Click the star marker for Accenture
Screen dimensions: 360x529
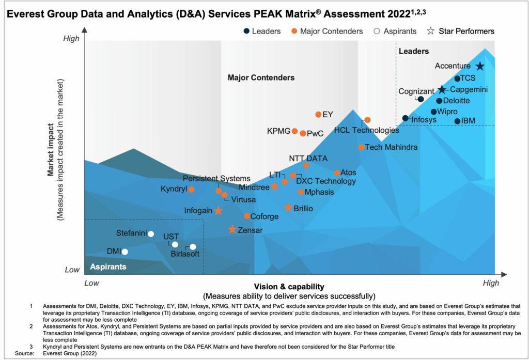click(480, 66)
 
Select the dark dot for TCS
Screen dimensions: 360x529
click(457, 79)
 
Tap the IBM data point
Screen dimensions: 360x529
click(457, 121)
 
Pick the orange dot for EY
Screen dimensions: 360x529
click(318, 115)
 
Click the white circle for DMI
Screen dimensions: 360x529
click(125, 252)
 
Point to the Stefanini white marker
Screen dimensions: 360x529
click(151, 234)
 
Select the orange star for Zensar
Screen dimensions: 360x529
click(232, 229)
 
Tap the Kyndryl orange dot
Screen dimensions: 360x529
click(191, 190)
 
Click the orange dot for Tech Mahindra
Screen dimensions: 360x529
click(361, 147)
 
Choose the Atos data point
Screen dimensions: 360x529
click(336, 173)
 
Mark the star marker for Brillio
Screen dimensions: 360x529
click(288, 208)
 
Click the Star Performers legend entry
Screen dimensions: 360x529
click(461, 31)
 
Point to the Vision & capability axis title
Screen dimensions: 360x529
click(289, 286)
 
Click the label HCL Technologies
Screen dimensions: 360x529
click(366, 131)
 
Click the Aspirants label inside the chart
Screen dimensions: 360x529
click(108, 267)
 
